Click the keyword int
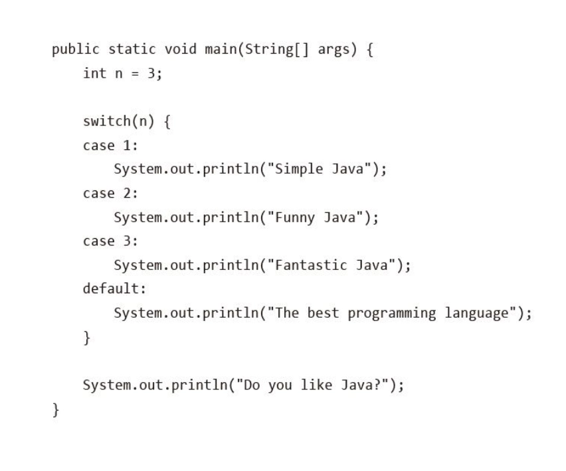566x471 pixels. (94, 74)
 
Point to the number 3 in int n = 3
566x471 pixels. (149, 74)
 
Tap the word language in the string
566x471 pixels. (476, 312)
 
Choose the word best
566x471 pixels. (323, 312)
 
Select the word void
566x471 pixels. (177, 50)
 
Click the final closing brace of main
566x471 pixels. (56, 410)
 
